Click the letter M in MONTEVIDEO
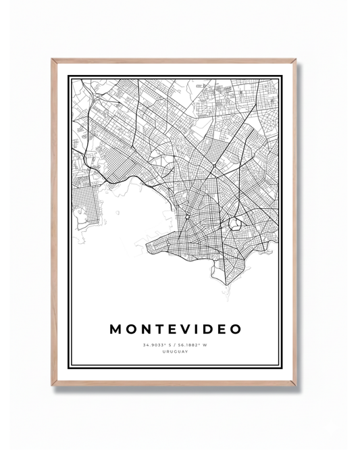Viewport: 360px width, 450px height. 115,329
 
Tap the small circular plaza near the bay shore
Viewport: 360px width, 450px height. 186,217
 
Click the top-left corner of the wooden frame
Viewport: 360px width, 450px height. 52,60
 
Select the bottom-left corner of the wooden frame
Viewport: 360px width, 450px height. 52,385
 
